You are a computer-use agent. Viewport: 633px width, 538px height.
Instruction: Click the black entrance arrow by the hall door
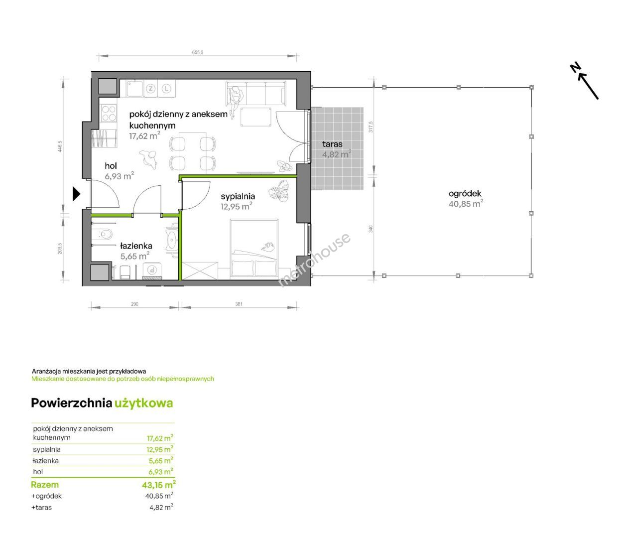(76, 194)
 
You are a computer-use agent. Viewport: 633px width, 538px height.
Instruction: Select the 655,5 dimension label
(198, 52)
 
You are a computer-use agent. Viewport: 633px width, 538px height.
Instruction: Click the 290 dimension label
(135, 304)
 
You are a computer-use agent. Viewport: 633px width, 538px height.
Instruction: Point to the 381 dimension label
(239, 304)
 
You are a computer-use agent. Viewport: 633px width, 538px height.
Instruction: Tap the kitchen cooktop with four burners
(109, 114)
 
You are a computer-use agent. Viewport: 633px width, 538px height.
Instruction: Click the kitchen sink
(135, 89)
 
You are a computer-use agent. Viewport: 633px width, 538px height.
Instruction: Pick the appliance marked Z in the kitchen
(150, 89)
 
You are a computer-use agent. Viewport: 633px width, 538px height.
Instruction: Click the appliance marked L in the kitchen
(166, 89)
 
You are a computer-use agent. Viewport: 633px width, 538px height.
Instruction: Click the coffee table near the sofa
(255, 117)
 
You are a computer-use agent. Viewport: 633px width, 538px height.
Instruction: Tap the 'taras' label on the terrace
(332, 144)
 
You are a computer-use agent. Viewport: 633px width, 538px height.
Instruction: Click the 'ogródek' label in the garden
(465, 194)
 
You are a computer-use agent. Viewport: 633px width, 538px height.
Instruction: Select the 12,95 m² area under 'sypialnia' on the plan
(237, 206)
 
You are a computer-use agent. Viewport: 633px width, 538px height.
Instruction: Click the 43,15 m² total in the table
(159, 485)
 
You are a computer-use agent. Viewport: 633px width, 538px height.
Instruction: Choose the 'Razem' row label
(45, 485)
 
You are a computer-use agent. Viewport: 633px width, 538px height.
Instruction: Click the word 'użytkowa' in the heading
(143, 403)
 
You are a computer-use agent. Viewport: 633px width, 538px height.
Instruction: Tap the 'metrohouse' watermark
(314, 260)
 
